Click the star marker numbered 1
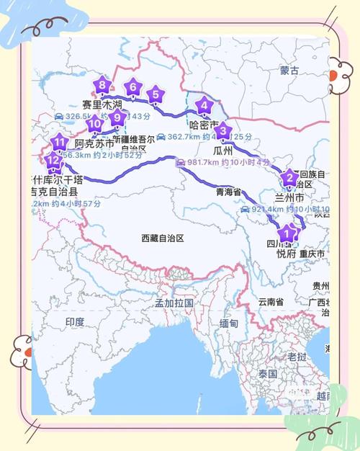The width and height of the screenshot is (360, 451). point(287,233)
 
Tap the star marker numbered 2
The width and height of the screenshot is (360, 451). point(289,178)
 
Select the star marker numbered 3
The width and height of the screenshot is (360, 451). point(223,131)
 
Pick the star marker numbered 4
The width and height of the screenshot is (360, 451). point(204,106)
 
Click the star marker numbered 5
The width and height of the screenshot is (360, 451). point(155,93)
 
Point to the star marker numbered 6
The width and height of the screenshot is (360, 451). point(132,88)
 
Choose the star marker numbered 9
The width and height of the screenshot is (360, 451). point(117,117)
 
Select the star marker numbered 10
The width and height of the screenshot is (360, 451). point(94,123)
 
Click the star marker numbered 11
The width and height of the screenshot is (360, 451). point(59,141)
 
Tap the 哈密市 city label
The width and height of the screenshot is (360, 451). point(204,125)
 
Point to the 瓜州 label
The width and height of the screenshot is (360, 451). point(223,151)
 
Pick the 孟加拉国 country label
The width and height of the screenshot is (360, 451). point(174,303)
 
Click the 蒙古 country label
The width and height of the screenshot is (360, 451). point(289,71)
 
